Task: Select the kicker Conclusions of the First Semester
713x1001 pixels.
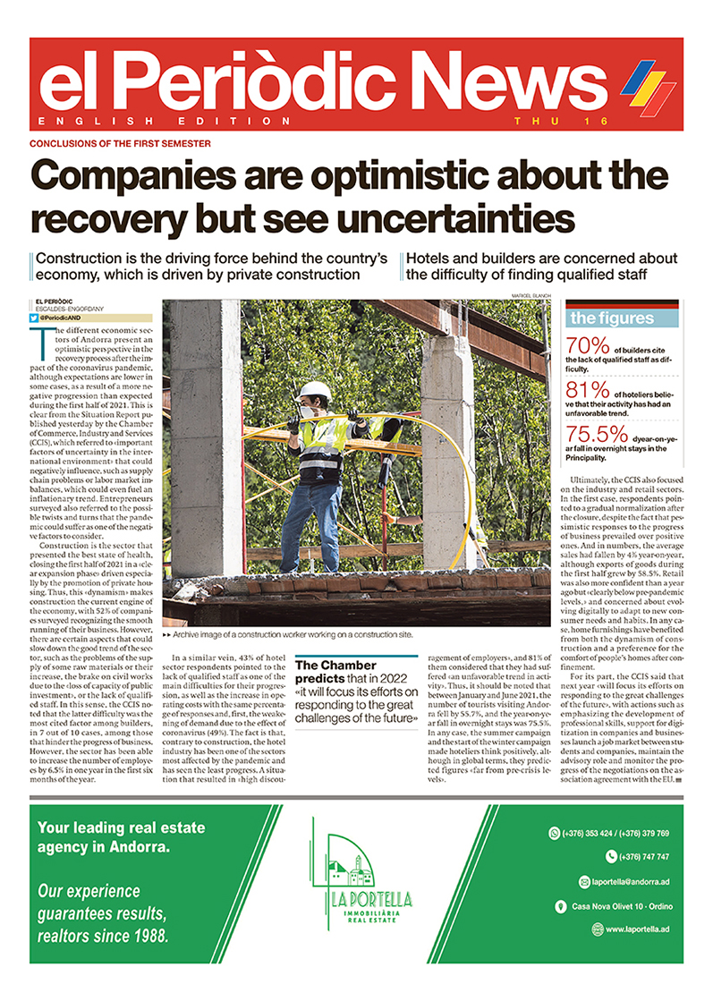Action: [x=121, y=143]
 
